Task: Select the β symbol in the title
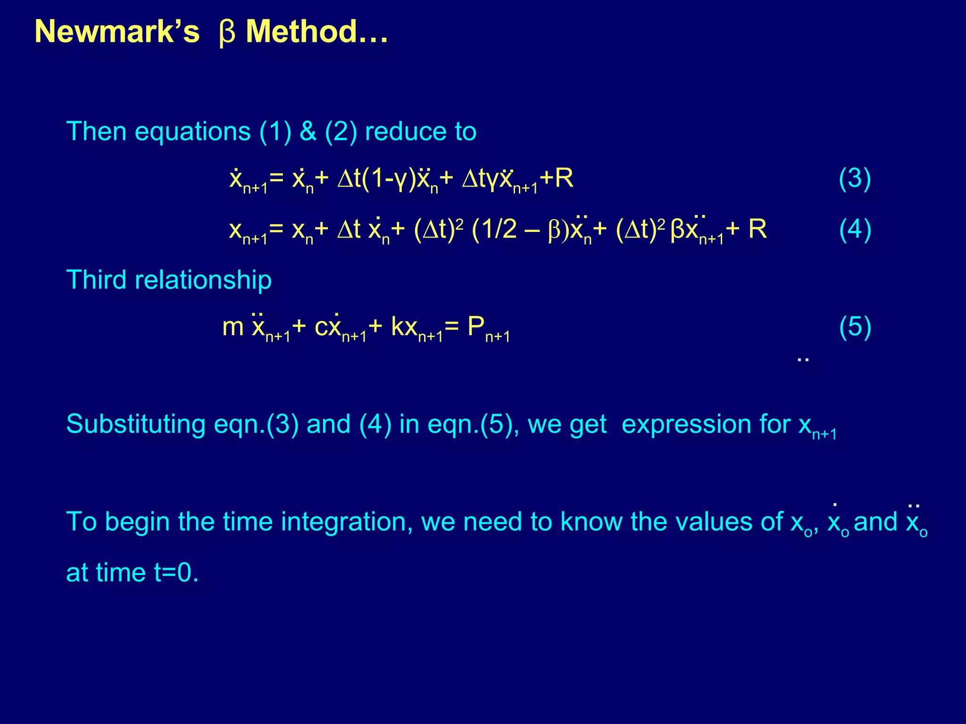point(227,34)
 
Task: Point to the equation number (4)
point(855,230)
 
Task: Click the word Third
point(97,280)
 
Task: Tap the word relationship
point(203,280)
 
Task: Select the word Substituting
point(136,424)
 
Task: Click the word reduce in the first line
point(406,131)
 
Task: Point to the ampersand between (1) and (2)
point(308,131)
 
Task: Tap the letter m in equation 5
point(233,327)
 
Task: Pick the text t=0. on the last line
point(176,573)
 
